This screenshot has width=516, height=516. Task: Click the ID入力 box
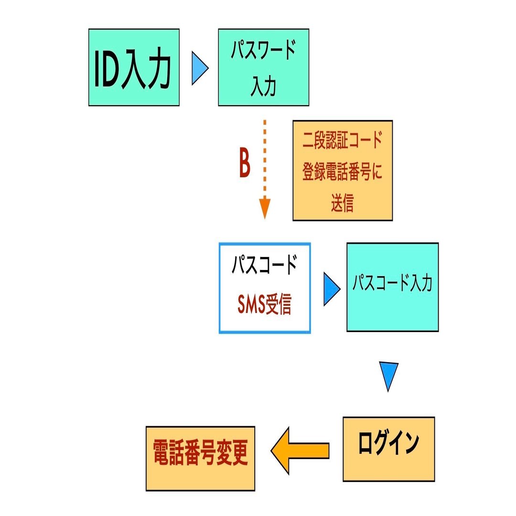[134, 67]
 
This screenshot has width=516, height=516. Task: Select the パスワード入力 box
[263, 67]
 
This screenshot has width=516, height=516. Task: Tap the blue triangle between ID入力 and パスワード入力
[199, 69]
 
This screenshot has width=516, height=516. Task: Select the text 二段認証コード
[342, 141]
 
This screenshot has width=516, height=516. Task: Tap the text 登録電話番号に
[342, 172]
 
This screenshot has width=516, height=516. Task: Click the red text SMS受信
[264, 305]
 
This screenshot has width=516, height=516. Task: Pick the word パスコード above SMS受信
[264, 266]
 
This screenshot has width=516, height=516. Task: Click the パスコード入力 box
[392, 287]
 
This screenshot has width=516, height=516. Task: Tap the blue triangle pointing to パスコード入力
[331, 289]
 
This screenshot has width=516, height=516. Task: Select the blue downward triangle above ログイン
[388, 375]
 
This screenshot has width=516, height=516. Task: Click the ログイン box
[388, 449]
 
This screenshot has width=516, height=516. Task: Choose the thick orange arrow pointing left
[300, 451]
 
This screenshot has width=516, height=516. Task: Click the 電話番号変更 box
[200, 458]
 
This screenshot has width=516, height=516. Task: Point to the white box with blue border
[264, 288]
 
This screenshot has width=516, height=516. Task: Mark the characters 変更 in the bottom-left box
[233, 453]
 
